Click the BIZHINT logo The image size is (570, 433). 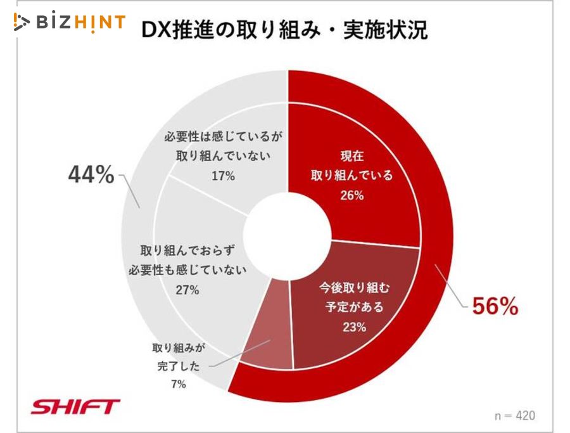(x=70, y=22)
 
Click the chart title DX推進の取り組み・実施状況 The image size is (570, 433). (x=284, y=29)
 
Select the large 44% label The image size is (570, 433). (x=91, y=174)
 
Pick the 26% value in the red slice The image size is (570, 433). (x=351, y=196)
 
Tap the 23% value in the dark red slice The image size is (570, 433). (x=354, y=327)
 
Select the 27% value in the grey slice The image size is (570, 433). (x=188, y=290)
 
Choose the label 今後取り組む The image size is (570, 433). (x=354, y=287)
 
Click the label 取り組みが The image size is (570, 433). (x=180, y=348)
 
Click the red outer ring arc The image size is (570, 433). (x=437, y=203)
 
